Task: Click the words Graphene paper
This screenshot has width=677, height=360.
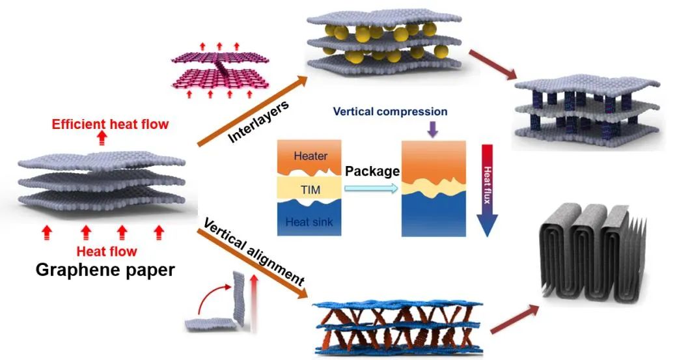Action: point(105,270)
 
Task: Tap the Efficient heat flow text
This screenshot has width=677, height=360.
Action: point(110,124)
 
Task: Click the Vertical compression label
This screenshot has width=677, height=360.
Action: point(390,111)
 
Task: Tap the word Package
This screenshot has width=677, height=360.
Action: point(371,173)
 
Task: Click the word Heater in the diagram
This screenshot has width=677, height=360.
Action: point(311,156)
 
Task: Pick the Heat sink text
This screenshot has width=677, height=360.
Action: point(309,221)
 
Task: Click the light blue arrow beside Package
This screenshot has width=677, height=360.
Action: point(371,188)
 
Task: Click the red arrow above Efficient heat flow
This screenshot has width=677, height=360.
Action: point(102,137)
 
